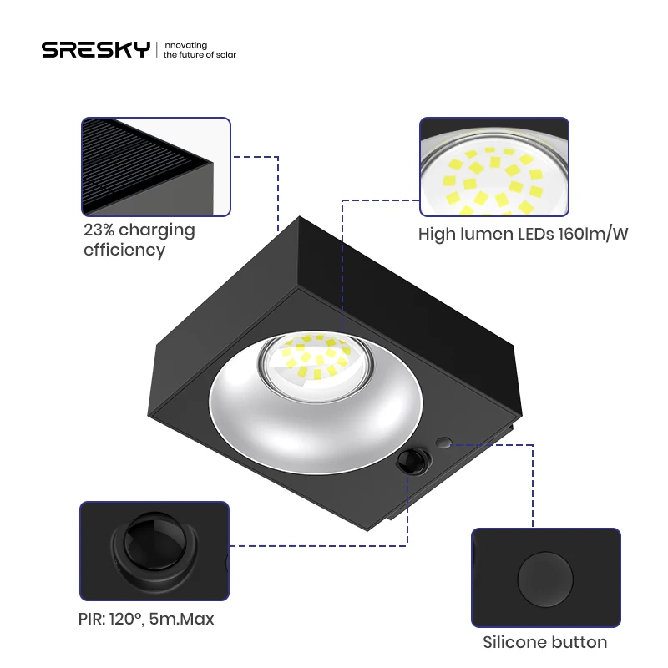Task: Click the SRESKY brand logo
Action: pos(96,49)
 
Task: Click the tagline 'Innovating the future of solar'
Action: pos(200,49)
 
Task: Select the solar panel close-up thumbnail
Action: pos(155,165)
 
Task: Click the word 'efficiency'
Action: pos(124,250)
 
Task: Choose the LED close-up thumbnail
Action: pos(493,165)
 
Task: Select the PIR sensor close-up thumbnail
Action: pos(154,550)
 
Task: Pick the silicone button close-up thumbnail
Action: pos(545,577)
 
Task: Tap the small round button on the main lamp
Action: pos(443,442)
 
